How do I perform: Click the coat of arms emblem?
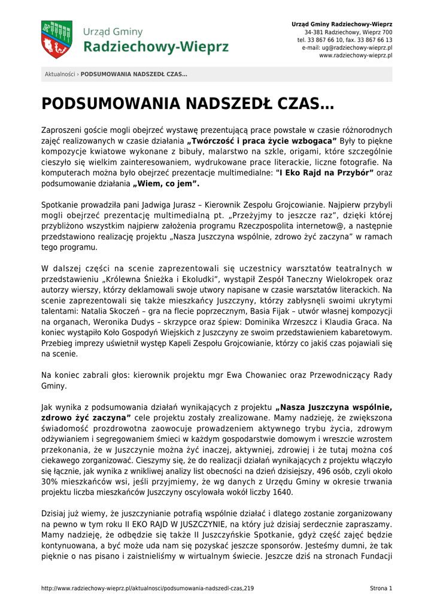(56, 40)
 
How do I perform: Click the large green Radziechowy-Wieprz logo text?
(156, 47)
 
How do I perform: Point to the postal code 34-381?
(315, 32)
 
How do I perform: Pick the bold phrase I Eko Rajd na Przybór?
(324, 173)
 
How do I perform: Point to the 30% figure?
(50, 482)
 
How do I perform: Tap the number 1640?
(281, 493)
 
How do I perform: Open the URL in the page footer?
(147, 588)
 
